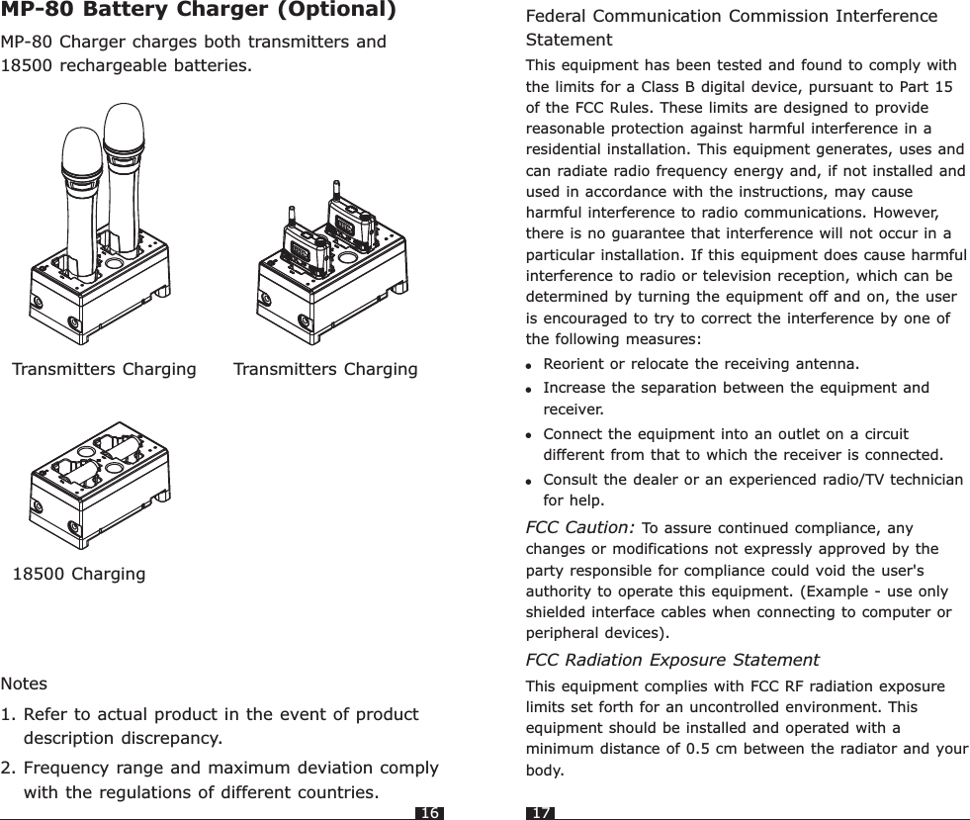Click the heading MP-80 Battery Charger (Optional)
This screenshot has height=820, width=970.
(199, 12)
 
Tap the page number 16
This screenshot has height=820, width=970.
(429, 813)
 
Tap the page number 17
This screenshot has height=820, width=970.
(541, 813)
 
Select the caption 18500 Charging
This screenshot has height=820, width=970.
(78, 574)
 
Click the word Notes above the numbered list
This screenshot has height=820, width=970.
(24, 683)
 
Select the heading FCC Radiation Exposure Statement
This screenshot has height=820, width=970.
(671, 660)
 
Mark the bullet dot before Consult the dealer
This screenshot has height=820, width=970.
(531, 482)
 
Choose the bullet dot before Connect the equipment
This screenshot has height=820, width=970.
(531, 435)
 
